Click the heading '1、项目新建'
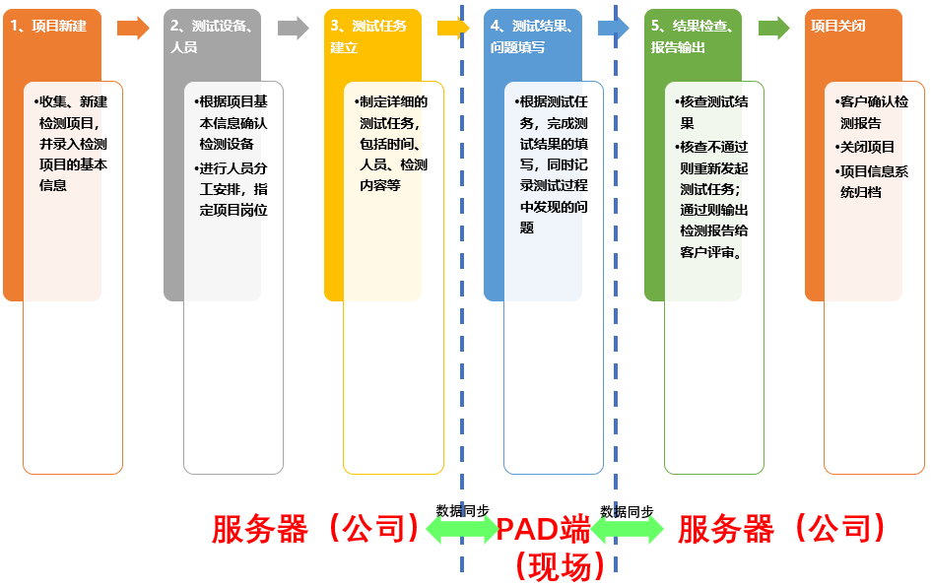(x=48, y=26)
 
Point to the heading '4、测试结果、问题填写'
(x=532, y=35)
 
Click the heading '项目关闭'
(x=837, y=26)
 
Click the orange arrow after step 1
(x=133, y=28)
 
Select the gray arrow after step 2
(x=294, y=28)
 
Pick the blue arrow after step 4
(x=613, y=28)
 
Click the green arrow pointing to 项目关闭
(x=774, y=28)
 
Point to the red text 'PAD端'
(x=543, y=530)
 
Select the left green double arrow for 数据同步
(x=462, y=530)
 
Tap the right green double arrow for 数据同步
(x=628, y=530)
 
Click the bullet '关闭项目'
(x=867, y=147)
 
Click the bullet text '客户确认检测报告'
(x=871, y=112)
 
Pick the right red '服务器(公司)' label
(x=782, y=529)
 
